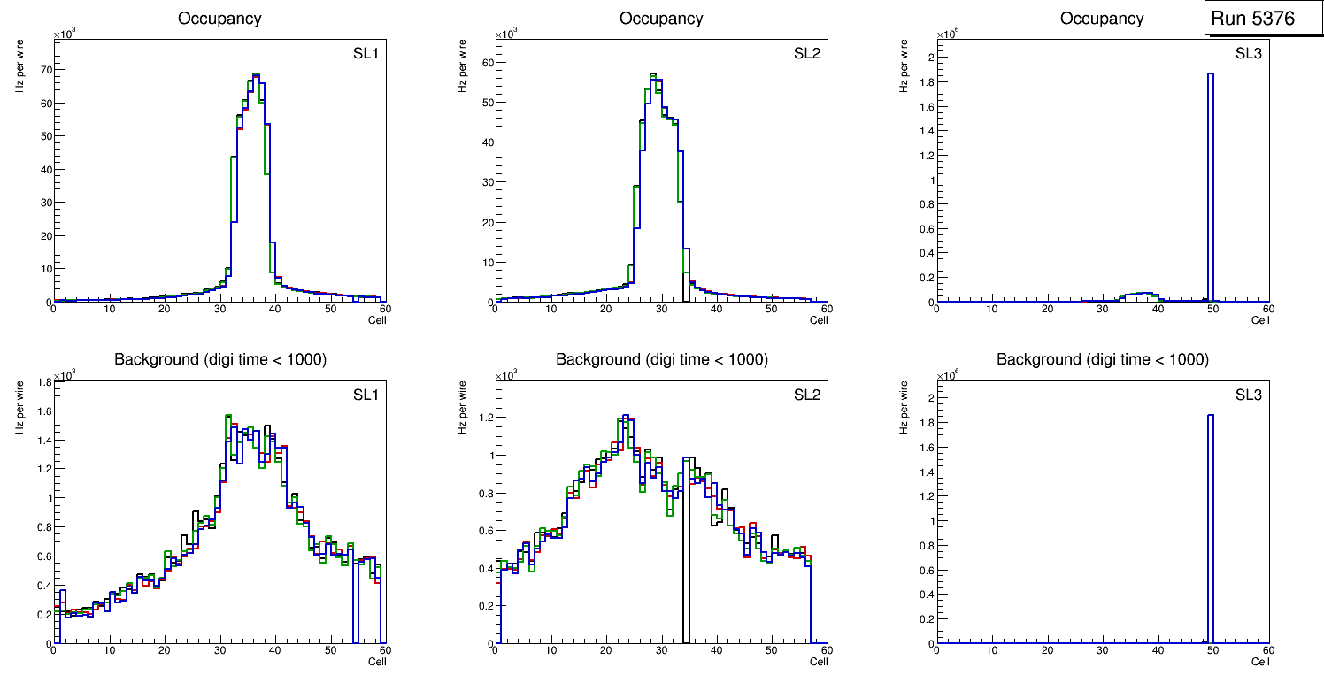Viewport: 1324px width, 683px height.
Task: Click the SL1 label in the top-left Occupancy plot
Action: click(366, 53)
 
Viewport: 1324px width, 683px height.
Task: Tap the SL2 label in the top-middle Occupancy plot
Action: click(807, 53)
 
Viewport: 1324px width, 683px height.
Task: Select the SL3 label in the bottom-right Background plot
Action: click(1249, 394)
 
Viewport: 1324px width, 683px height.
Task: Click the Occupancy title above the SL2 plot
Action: click(661, 19)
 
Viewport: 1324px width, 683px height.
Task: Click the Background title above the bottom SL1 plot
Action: click(219, 359)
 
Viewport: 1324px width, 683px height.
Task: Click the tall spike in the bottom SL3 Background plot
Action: click(1211, 417)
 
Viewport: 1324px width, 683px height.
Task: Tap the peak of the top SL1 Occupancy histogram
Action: click(256, 74)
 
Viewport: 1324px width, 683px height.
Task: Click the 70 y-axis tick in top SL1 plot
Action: click(42, 69)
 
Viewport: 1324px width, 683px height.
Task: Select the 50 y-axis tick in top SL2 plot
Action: click(484, 102)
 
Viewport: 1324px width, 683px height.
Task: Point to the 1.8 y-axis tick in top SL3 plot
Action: click(922, 81)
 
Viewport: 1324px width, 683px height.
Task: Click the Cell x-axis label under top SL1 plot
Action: click(377, 319)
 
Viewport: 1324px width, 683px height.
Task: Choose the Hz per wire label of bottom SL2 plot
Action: click(462, 406)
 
